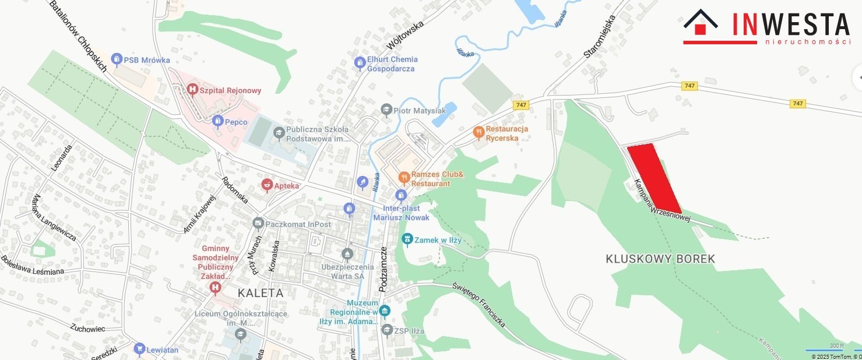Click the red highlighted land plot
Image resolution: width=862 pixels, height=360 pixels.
(x=654, y=177)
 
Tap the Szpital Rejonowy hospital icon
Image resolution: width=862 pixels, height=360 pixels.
(x=192, y=90)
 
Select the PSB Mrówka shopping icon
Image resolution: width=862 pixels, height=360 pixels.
(x=117, y=59)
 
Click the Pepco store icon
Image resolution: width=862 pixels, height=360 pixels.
(x=218, y=122)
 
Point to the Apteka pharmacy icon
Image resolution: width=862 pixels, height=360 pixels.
(x=267, y=185)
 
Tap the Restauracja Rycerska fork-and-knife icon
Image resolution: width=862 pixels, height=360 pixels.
(x=479, y=132)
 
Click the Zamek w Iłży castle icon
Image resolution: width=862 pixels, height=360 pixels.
(x=407, y=239)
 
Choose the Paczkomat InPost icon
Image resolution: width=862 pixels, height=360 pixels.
(x=258, y=224)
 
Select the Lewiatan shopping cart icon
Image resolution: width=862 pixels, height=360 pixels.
(x=139, y=349)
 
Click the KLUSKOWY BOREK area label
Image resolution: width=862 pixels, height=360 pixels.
(x=660, y=259)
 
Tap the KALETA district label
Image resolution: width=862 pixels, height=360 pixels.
(x=261, y=292)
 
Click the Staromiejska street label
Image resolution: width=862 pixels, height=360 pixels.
(x=600, y=36)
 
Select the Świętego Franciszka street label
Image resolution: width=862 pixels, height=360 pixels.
(x=479, y=304)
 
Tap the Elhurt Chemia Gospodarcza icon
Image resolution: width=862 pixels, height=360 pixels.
(x=360, y=62)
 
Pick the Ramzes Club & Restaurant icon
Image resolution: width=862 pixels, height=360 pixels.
(x=403, y=177)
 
